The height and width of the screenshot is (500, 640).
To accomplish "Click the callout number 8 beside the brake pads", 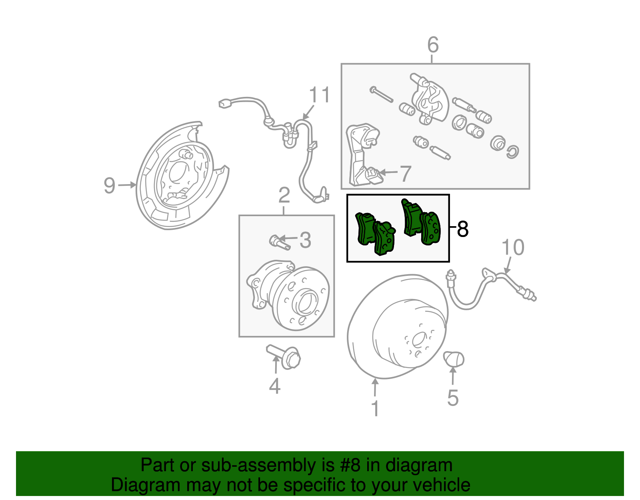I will point(462,229).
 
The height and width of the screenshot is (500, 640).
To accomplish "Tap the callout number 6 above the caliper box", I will point(433,45).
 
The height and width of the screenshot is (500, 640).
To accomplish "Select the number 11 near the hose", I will point(320,95).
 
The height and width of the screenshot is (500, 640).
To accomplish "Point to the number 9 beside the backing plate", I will point(109,186).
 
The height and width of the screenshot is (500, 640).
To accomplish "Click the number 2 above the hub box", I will point(284,196).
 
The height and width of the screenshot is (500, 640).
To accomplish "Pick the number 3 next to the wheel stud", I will point(305,240).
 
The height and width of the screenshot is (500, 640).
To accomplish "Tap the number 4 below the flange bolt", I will point(275,386).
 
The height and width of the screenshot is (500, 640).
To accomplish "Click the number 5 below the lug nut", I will point(453,398).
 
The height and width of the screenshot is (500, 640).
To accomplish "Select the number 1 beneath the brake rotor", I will point(375,408).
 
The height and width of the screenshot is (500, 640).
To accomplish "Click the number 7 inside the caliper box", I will point(406,173).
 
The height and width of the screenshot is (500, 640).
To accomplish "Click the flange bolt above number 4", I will point(285,356).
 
